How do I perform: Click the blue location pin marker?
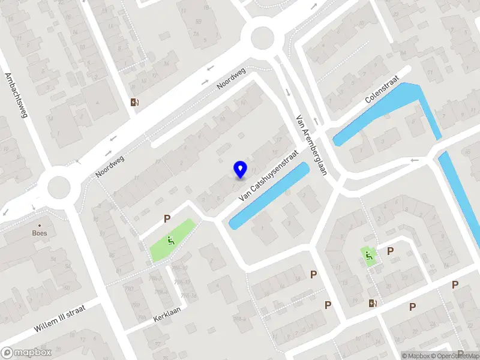[x=240, y=169]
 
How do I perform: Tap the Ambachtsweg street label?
[x=16, y=96]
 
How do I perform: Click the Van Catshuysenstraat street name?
[x=268, y=175]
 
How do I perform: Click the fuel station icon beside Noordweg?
[x=134, y=102]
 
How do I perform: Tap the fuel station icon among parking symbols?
[x=373, y=303]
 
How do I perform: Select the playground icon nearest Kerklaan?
[x=171, y=242]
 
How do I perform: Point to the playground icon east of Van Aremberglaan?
[x=368, y=256]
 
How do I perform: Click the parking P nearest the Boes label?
[x=167, y=220]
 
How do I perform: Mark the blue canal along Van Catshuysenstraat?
[x=269, y=195]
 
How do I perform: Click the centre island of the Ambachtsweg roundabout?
[x=59, y=187]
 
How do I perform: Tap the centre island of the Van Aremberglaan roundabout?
[x=262, y=39]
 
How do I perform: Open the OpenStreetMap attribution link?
[x=456, y=356]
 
